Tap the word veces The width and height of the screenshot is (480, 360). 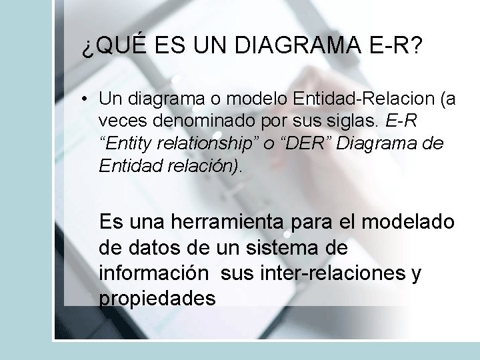tap(121, 121)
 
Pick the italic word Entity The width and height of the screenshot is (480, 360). tap(127, 143)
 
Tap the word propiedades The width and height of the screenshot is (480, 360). tap(157, 299)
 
